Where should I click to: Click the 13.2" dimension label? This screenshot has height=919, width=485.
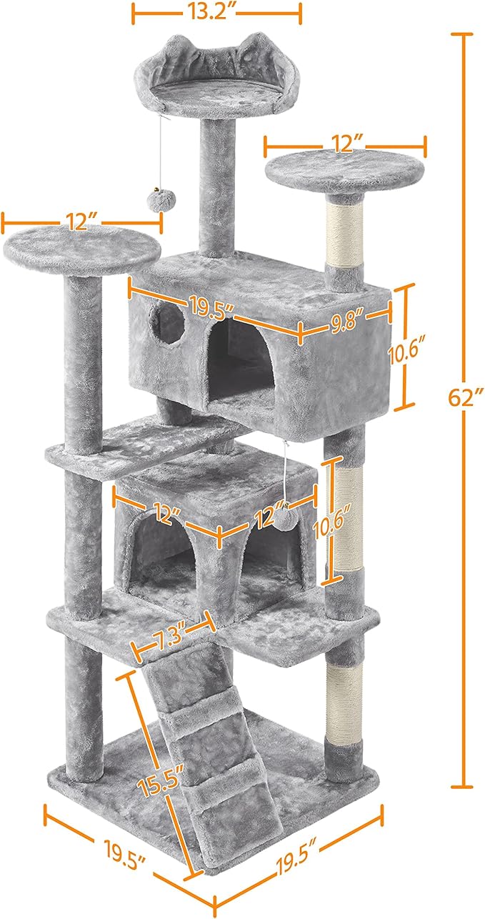click(x=216, y=13)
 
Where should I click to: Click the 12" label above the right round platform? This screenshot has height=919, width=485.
click(x=345, y=146)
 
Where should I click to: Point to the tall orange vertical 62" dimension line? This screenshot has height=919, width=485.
click(x=465, y=572)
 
